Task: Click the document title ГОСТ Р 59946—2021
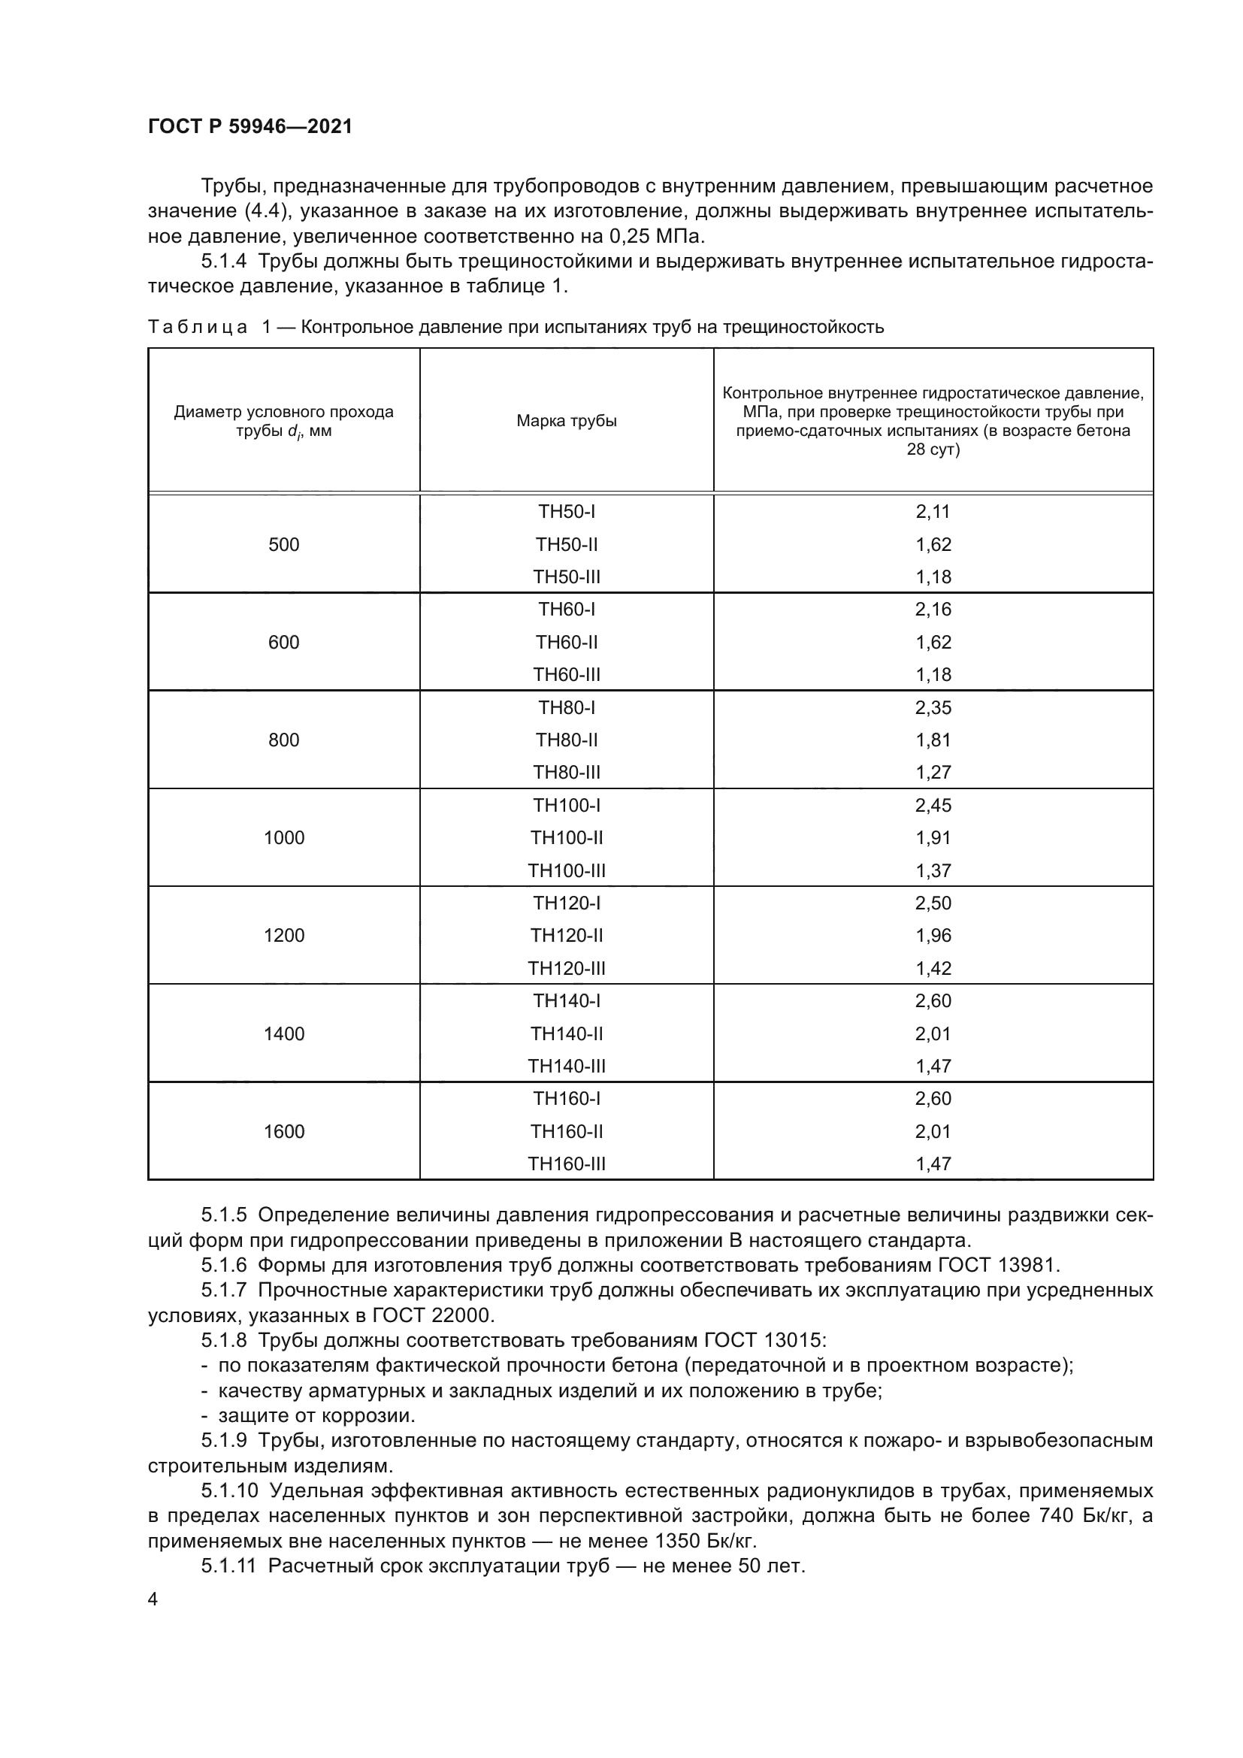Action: (x=250, y=126)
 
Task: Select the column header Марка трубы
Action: (x=567, y=421)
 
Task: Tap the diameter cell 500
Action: (x=284, y=544)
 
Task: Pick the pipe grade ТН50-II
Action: (x=567, y=544)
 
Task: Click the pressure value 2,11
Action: (x=933, y=512)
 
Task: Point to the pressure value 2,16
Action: (x=933, y=610)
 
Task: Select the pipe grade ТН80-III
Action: (x=567, y=772)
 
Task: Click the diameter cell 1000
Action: (x=284, y=837)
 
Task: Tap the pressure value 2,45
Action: (x=933, y=806)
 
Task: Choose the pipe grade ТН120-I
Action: (x=567, y=903)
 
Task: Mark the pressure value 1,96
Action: (x=933, y=936)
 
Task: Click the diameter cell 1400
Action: (x=284, y=1033)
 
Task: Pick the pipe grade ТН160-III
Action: (x=567, y=1163)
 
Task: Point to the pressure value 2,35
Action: (x=933, y=707)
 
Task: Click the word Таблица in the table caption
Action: (x=198, y=328)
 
